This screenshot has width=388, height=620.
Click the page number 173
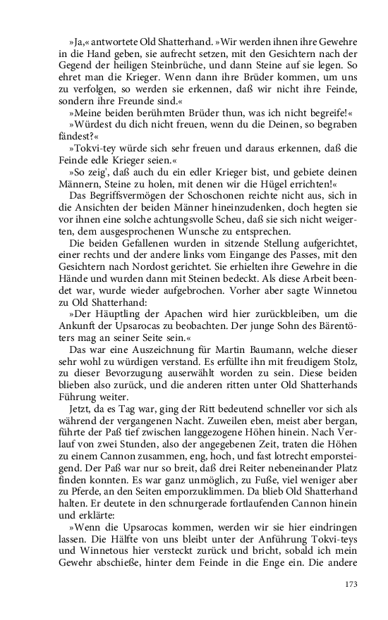pos(351,584)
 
